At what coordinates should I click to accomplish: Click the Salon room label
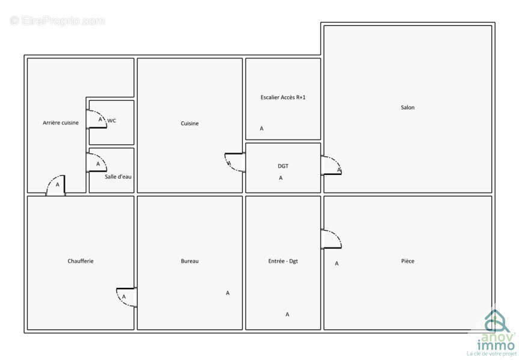tap(407, 108)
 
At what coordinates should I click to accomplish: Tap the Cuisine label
tap(190, 123)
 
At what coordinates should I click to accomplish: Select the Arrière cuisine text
tap(61, 123)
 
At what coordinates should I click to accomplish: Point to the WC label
tap(112, 121)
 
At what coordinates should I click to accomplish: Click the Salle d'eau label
tap(118, 177)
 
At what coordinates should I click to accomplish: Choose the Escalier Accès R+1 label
tap(283, 97)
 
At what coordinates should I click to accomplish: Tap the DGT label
tap(283, 166)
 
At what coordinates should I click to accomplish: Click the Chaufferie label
tap(80, 261)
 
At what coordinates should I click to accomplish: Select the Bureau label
tap(190, 261)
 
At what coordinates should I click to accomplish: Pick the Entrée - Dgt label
tap(283, 261)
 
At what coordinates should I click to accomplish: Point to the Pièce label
tap(407, 261)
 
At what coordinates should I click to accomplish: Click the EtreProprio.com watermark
tap(57, 21)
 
